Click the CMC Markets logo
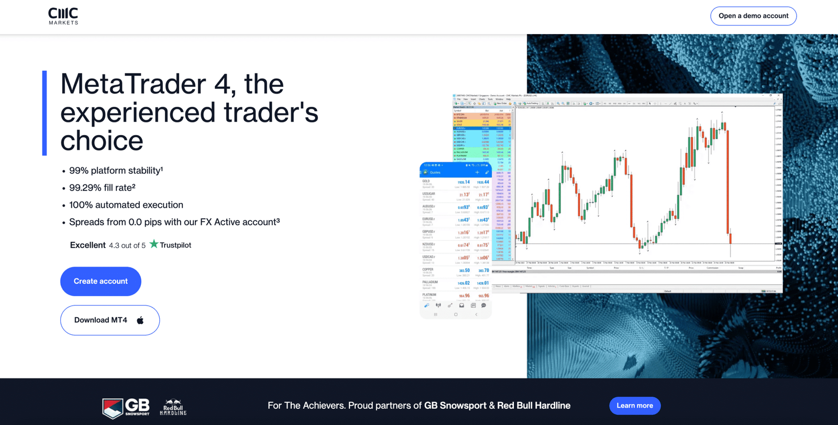point(63,16)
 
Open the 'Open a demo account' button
point(753,16)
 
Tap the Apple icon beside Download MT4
point(140,320)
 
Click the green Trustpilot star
point(153,244)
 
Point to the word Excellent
point(87,245)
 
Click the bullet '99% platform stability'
point(116,171)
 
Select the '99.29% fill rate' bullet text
point(102,187)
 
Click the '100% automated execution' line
point(126,205)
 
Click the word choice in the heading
point(102,140)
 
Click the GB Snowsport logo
point(126,408)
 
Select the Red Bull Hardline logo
point(173,408)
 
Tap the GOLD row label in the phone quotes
point(426,181)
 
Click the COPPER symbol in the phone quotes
point(428,270)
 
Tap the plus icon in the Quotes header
point(477,172)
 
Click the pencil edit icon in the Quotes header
point(487,172)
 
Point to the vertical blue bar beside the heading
point(45,113)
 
